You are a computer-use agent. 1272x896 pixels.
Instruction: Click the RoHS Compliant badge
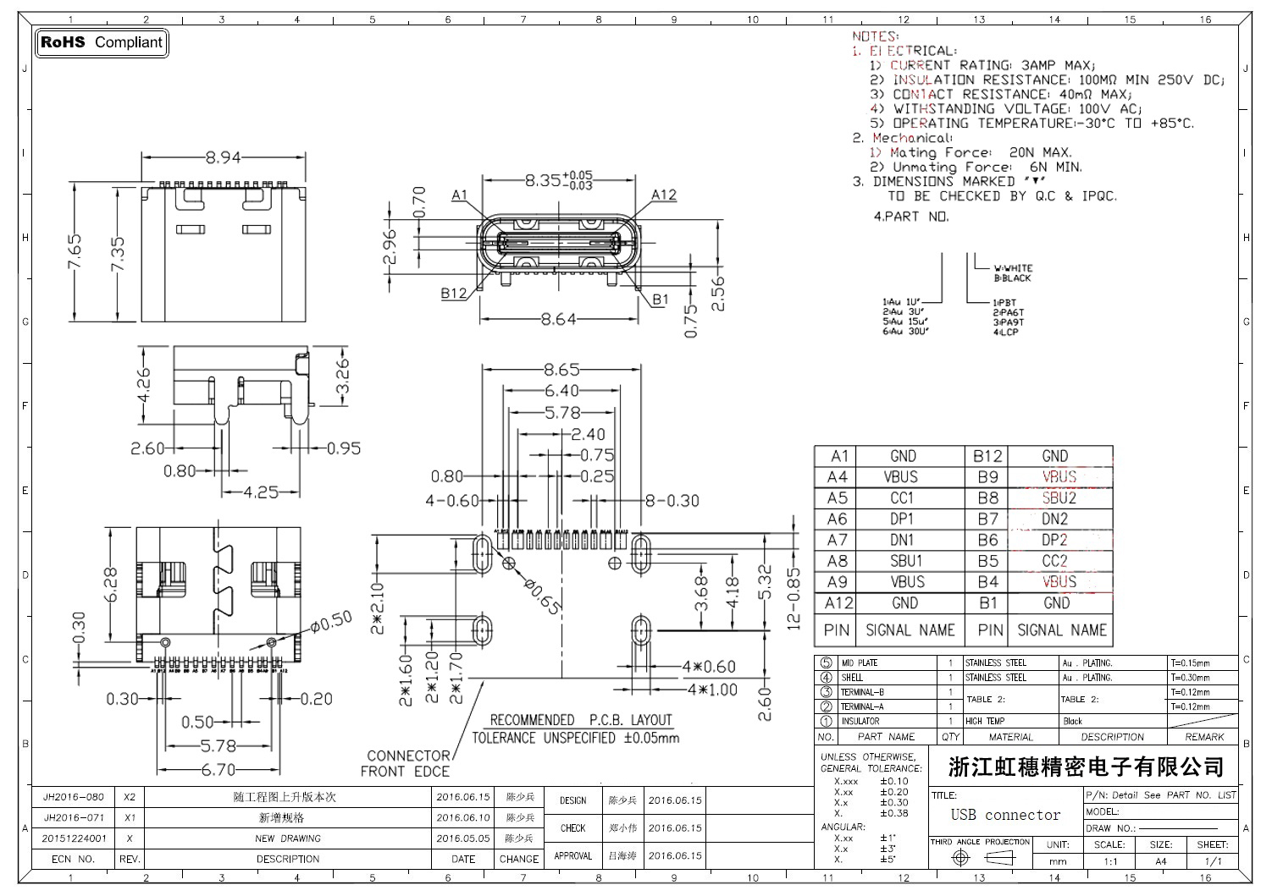pos(102,42)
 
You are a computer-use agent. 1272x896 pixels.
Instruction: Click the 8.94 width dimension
pos(223,157)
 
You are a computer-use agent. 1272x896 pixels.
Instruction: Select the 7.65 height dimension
pos(75,253)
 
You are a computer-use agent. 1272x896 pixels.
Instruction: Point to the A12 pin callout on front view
pos(664,195)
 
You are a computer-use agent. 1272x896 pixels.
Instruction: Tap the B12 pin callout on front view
pos(454,294)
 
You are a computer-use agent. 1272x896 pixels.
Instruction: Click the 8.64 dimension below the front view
pos(558,320)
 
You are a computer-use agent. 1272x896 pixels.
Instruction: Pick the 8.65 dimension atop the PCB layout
pos(561,370)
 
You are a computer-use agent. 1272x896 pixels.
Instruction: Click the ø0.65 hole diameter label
pos(543,596)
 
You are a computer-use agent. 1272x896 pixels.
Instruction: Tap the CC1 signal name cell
pos(903,498)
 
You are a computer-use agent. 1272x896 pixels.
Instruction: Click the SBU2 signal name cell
pos(1059,498)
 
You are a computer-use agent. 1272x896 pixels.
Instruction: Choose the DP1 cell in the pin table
pos(903,519)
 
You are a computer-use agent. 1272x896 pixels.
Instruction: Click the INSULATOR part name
pos(860,722)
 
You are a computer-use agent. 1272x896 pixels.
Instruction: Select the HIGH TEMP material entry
pos(985,722)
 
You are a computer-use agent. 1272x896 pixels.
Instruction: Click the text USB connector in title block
pos(1005,816)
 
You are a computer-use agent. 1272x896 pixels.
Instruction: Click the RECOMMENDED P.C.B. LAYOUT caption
pos(581,721)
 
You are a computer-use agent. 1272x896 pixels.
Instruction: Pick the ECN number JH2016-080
pos(74,797)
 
